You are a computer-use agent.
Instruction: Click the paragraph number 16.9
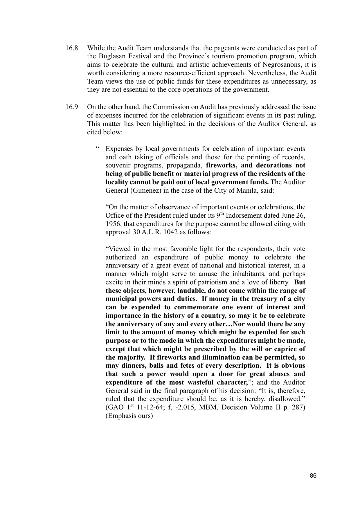coord(72,107)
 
